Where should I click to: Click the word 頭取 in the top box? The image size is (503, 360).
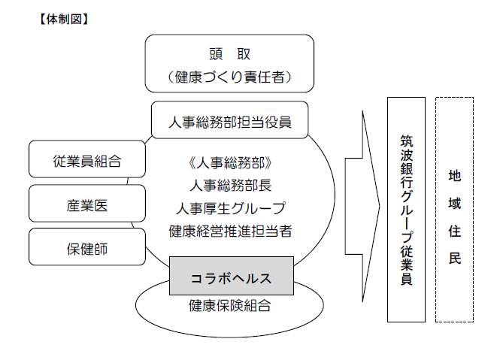tap(229, 54)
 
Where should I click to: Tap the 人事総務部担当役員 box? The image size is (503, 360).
tap(230, 119)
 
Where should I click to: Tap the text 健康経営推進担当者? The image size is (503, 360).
tap(230, 231)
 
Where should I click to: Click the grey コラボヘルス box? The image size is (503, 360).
tap(230, 278)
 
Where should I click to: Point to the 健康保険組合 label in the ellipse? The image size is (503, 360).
tap(230, 306)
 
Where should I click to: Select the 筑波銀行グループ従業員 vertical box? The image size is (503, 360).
tap(407, 210)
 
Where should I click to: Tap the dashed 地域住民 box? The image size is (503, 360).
tap(454, 210)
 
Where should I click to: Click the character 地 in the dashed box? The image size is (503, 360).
tap(454, 177)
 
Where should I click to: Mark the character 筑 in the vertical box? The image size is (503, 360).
tap(407, 140)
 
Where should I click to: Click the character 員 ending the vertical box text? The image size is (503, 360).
tap(407, 279)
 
